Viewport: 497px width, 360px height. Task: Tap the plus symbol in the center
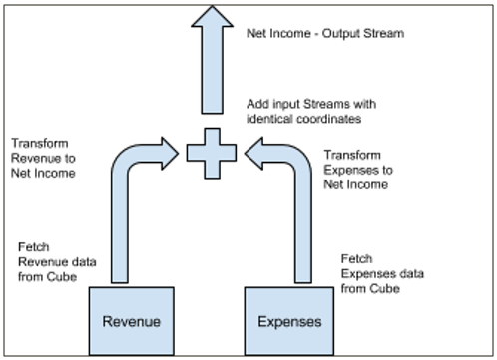click(213, 152)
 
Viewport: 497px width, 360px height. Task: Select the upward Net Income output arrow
click(213, 60)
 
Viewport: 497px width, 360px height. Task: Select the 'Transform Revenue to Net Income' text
click(46, 159)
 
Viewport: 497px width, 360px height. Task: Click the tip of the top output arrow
click(213, 7)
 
